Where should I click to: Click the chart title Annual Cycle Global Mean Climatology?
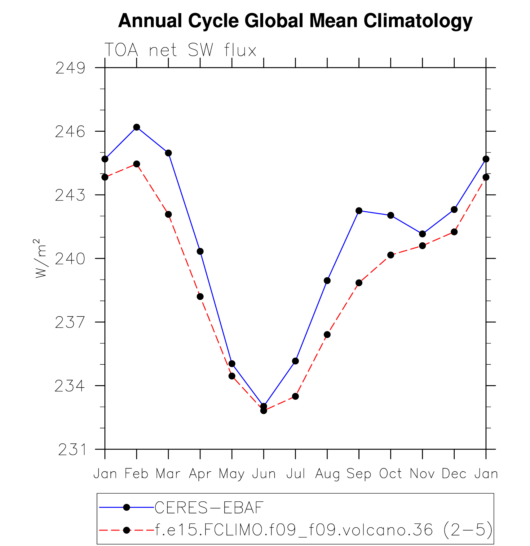tap(295, 21)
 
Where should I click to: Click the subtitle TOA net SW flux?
tap(180, 50)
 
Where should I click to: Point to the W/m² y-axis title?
tap(41, 258)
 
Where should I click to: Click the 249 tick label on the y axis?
tap(70, 68)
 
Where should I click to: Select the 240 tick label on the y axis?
tap(70, 259)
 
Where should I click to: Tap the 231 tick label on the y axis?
tap(72, 450)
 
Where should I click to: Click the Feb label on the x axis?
tap(136, 474)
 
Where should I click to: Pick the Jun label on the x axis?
tap(264, 474)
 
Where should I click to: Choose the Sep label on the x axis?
tap(359, 474)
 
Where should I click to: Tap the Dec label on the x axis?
tap(454, 474)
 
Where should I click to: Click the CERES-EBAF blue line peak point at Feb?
tap(137, 127)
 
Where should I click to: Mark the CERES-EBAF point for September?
tap(359, 211)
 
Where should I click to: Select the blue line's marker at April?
tap(200, 251)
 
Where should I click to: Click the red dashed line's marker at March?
tap(168, 214)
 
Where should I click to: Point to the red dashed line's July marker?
tap(295, 396)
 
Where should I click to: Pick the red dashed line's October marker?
tap(391, 255)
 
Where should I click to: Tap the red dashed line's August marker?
tap(327, 335)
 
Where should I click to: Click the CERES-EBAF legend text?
tap(209, 507)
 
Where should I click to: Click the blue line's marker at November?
tap(422, 234)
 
